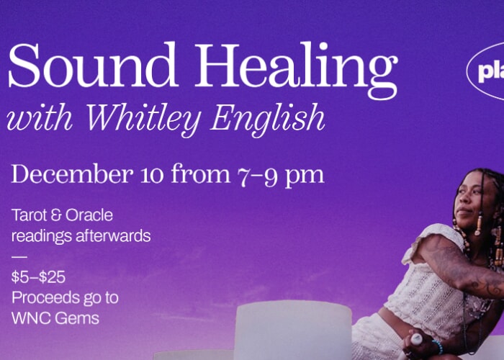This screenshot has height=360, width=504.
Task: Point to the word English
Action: [x=267, y=119]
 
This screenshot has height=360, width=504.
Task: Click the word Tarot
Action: [x=29, y=215]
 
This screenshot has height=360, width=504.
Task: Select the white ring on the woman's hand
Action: [x=415, y=339]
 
